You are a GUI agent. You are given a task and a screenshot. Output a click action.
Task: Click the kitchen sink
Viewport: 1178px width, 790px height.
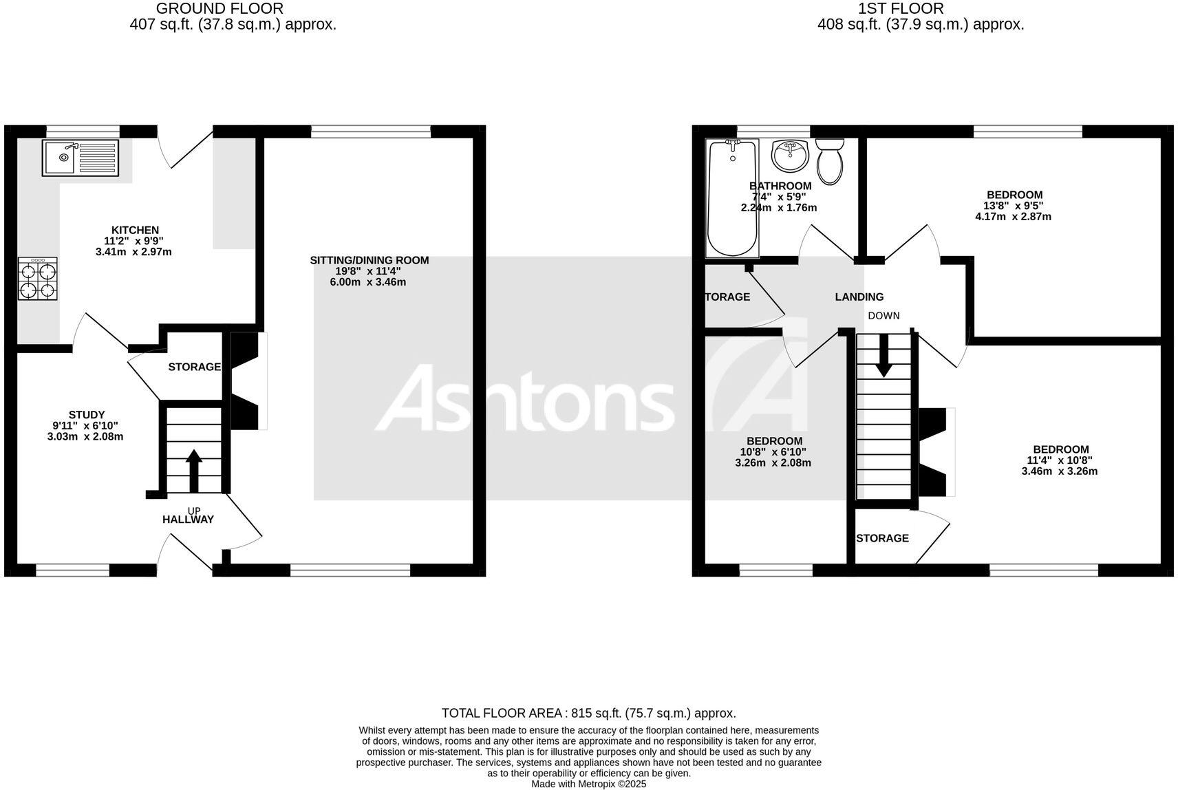(x=81, y=157)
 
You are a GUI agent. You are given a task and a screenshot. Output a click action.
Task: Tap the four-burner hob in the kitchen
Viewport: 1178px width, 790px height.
(x=37, y=278)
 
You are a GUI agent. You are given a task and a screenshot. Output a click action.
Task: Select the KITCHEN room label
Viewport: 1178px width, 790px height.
(x=135, y=230)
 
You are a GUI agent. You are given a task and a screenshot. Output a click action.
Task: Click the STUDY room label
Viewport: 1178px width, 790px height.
(x=87, y=414)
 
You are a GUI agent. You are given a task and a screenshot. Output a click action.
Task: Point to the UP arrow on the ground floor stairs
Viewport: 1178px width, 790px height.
(x=194, y=470)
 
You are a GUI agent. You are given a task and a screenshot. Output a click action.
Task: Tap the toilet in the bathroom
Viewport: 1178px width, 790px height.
(x=830, y=161)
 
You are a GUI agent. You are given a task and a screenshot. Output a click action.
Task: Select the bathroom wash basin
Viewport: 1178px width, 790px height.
(x=790, y=156)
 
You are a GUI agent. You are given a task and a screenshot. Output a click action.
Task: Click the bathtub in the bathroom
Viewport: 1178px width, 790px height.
(x=733, y=197)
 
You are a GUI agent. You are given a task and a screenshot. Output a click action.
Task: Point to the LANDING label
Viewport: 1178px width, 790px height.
(x=859, y=297)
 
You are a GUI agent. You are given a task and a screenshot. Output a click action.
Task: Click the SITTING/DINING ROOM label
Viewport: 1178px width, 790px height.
(x=370, y=260)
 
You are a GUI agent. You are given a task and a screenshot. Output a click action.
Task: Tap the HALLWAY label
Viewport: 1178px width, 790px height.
(x=188, y=520)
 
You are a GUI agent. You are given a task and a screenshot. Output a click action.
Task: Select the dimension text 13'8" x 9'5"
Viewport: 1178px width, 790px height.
(x=1014, y=205)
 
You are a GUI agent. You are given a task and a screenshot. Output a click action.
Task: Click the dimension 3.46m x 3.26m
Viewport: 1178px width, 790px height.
(x=1059, y=471)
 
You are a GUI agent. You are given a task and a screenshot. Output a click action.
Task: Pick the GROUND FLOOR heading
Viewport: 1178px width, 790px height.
(x=219, y=8)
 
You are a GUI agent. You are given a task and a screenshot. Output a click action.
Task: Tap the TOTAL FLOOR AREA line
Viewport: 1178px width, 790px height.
(x=588, y=713)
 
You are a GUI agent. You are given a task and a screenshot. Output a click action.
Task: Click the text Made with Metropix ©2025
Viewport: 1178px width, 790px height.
(x=588, y=783)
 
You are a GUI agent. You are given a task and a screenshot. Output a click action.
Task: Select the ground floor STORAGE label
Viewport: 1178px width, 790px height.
(x=195, y=367)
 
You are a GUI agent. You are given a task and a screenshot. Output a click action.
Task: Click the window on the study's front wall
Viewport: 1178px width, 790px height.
(x=72, y=570)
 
